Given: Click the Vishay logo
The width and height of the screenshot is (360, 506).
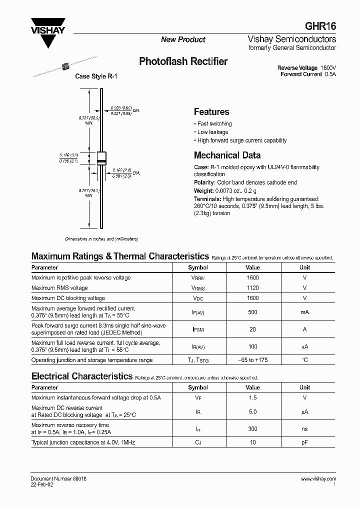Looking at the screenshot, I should pyautogui.click(x=48, y=31).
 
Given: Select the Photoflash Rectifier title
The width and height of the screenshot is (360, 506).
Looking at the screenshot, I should pyautogui.click(x=183, y=61).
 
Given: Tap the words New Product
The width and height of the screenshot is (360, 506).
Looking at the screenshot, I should pyautogui.click(x=183, y=39).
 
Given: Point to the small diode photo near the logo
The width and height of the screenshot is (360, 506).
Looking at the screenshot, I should pyautogui.click(x=63, y=66).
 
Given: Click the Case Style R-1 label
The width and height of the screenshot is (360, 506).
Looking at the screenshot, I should pyautogui.click(x=97, y=76).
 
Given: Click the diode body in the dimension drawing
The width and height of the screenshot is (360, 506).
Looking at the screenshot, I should pyautogui.click(x=101, y=158).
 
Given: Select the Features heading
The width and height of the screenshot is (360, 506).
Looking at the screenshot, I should pyautogui.click(x=211, y=112).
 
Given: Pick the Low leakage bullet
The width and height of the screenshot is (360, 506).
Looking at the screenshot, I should pyautogui.click(x=212, y=132).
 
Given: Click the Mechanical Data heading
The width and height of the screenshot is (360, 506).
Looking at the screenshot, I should pyautogui.click(x=227, y=155).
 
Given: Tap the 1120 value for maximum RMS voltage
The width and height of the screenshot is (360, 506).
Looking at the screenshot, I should pyautogui.click(x=253, y=288).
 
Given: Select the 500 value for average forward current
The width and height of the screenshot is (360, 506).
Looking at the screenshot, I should pyautogui.click(x=253, y=312).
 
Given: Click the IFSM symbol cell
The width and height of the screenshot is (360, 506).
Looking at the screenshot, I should pyautogui.click(x=198, y=329).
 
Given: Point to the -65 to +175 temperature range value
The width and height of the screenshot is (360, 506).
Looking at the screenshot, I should pyautogui.click(x=253, y=360).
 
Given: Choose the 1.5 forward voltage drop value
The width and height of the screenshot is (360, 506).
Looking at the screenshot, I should pyautogui.click(x=253, y=398).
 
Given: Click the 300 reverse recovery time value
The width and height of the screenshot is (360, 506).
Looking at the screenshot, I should pyautogui.click(x=253, y=429).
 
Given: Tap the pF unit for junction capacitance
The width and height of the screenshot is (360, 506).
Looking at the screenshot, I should pyautogui.click(x=304, y=443).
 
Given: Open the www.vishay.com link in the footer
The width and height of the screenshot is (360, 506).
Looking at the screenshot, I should pyautogui.click(x=318, y=479).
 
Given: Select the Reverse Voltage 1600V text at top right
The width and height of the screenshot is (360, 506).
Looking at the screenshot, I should pyautogui.click(x=306, y=68).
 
